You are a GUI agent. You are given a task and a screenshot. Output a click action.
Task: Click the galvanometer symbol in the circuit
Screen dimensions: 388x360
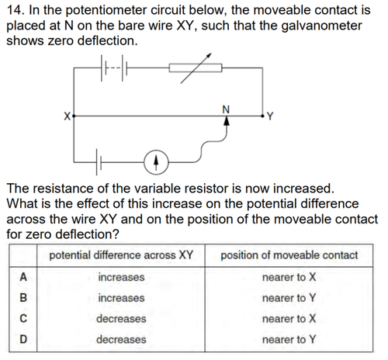point(156,162)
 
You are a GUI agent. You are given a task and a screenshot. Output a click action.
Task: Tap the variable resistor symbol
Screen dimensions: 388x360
point(196,68)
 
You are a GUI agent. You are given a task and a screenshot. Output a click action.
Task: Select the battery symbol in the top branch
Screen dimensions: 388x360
point(114,67)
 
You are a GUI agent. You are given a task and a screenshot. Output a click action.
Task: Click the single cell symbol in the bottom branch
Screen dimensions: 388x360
point(99,162)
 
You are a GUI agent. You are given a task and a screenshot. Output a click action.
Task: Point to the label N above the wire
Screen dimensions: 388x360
point(226,109)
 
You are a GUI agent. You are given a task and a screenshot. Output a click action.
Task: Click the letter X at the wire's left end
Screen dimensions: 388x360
point(68,116)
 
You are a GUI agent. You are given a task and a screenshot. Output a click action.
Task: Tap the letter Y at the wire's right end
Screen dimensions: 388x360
point(270,116)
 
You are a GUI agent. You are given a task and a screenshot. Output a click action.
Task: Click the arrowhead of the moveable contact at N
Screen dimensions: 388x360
point(227,121)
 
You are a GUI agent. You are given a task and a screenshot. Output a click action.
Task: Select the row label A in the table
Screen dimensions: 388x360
point(23,277)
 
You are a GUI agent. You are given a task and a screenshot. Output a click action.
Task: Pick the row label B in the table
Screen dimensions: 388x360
point(23,298)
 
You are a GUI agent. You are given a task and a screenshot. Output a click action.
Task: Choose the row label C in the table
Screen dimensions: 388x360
point(23,318)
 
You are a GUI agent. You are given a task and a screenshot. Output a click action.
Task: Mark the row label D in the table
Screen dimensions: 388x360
point(23,339)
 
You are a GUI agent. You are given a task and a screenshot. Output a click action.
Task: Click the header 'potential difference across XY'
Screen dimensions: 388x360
point(121,255)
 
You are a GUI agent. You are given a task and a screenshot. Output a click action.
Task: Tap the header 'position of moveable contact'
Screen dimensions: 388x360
point(289,255)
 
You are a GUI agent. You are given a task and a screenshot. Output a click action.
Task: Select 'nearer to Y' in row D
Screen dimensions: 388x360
point(289,339)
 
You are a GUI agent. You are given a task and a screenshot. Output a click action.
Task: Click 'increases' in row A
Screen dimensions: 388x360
point(121,277)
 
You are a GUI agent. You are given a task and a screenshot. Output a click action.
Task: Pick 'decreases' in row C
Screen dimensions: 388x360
point(121,319)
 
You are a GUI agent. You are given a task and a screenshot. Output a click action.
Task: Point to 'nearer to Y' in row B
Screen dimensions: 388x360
point(289,298)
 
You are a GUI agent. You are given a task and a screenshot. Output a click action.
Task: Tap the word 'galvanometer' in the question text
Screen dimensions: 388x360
point(321,26)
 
